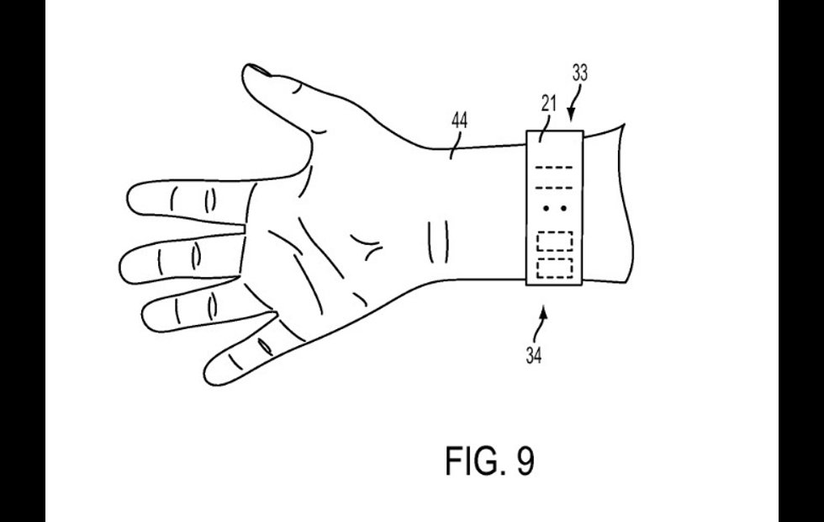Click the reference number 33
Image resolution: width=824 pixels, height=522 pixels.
point(579,74)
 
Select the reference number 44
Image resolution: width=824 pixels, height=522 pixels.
point(460,120)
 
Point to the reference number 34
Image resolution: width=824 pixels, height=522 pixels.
point(534,354)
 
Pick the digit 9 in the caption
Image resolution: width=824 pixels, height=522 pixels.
point(523,461)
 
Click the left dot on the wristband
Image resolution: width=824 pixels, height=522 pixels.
point(547,207)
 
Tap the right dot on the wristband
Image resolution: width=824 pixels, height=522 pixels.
point(564,207)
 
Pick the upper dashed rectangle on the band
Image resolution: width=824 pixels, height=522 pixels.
point(555,241)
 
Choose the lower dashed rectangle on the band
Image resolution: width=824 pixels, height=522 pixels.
point(555,268)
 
